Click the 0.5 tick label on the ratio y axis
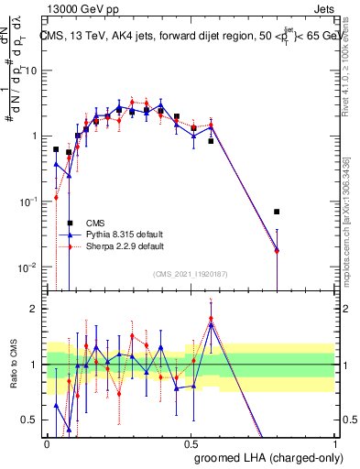[x=31, y=421]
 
